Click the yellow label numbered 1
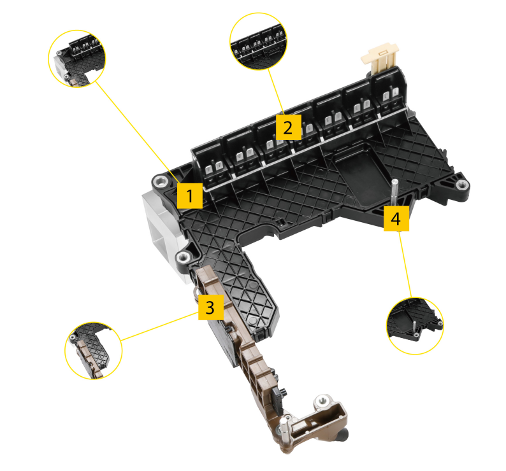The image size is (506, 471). point(190,195)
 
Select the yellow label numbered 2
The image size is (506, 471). point(288,127)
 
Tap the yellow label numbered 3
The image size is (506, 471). point(211,307)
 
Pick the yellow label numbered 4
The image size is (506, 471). point(396,218)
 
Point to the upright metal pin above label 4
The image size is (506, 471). point(394,193)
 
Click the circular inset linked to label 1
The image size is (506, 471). point(77,59)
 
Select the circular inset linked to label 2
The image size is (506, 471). point(259,41)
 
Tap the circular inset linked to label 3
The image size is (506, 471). point(94,351)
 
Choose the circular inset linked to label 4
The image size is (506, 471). point(415,326)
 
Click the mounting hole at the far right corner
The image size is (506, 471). point(462,185)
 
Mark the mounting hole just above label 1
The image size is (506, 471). point(161,181)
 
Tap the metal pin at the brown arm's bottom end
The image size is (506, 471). point(284,430)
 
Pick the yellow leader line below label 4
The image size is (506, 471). point(405,264)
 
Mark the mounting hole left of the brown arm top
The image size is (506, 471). point(184,257)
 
